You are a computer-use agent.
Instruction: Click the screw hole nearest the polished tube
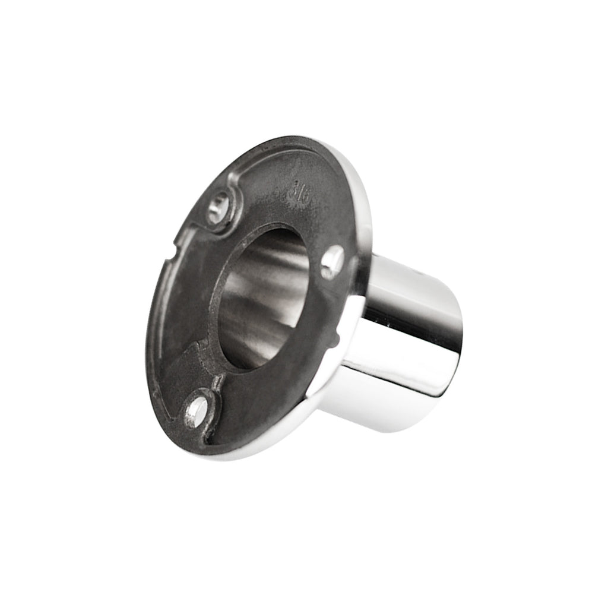pyautogui.click(x=332, y=261)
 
